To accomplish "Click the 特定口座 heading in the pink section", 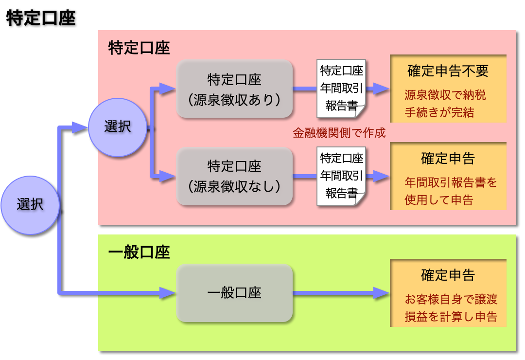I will tap(139, 48).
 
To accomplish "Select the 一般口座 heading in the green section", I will tap(139, 253).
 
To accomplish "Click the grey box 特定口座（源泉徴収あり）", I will tap(234, 89).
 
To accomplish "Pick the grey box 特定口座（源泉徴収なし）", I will tap(234, 176).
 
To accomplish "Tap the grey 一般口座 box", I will tap(234, 292).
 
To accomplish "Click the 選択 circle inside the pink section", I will tap(117, 127).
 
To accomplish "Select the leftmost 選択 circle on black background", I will tap(30, 205).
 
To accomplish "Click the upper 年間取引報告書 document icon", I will tap(341, 89).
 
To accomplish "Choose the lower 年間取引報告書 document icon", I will tap(341, 176).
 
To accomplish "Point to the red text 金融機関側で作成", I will tap(339, 133).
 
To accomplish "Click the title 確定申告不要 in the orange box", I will tap(448, 72).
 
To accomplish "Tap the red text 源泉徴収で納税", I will tap(445, 95).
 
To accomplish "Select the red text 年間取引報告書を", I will tap(451, 182).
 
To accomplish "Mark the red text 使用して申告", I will tap(439, 200).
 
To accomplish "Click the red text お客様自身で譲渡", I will tap(451, 299).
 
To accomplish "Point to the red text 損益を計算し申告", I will tap(451, 317).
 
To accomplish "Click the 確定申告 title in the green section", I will tap(448, 275).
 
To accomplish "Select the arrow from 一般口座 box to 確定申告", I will tap(340, 292).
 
